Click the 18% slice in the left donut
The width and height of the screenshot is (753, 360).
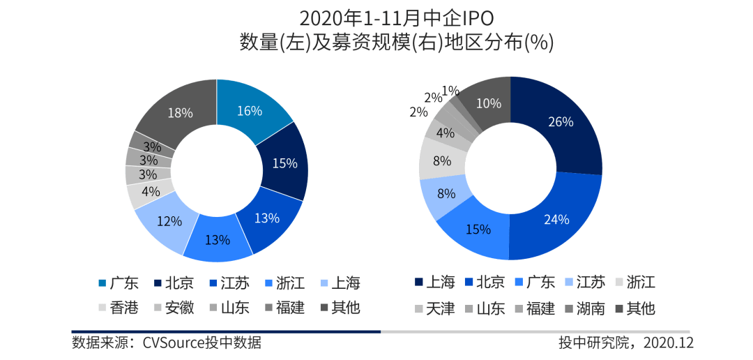click(179, 113)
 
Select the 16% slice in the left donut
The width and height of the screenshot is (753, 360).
click(249, 111)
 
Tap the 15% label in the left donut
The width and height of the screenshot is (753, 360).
click(284, 163)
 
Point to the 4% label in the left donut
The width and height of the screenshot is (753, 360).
click(150, 190)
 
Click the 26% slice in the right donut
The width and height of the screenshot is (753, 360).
click(561, 121)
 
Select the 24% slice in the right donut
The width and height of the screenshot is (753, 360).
click(556, 219)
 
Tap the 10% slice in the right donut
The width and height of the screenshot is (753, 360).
click(488, 103)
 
